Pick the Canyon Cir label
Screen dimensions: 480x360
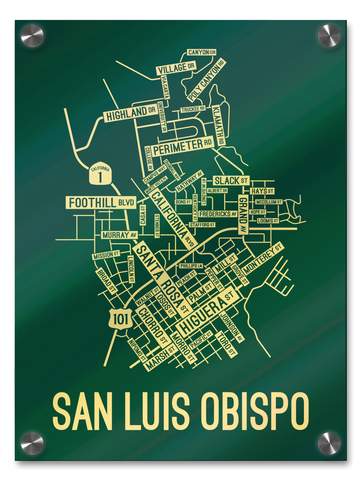tap(202, 52)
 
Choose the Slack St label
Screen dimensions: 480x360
tap(232, 180)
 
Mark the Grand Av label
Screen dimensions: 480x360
tap(243, 214)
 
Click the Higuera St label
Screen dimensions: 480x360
tap(206, 312)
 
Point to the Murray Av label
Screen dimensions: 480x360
tap(119, 235)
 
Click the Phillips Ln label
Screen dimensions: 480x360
tap(191, 266)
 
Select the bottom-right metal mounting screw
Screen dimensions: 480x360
tap(329, 443)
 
